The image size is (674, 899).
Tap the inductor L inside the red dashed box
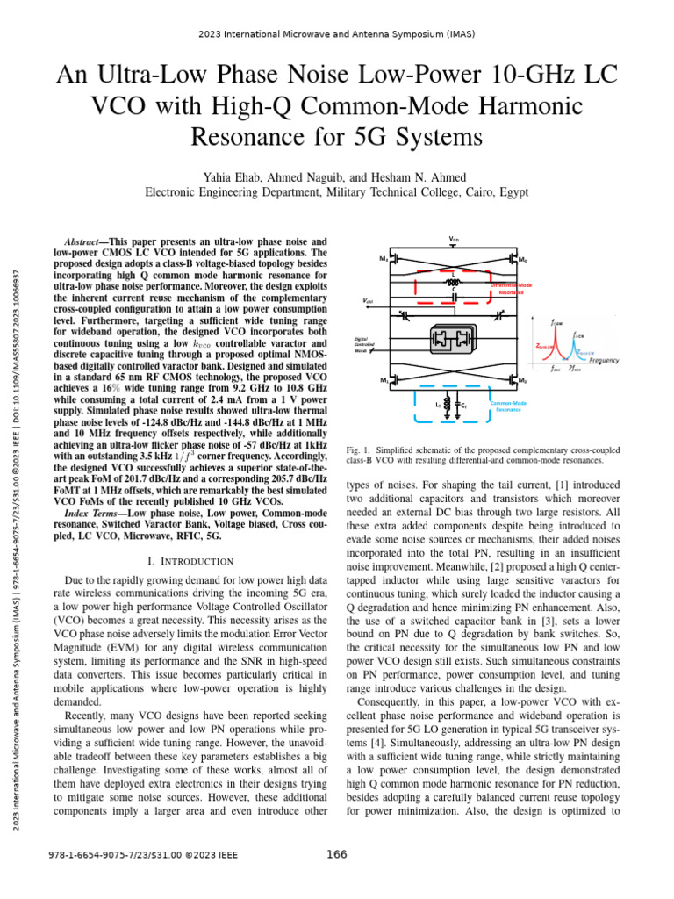click(453, 283)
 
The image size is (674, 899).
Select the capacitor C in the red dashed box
click(453, 297)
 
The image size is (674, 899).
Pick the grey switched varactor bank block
click(453, 339)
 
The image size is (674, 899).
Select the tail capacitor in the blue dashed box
click(458, 404)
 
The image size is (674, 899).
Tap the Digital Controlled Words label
click(362, 343)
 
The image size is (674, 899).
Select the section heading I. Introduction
click(189, 561)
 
